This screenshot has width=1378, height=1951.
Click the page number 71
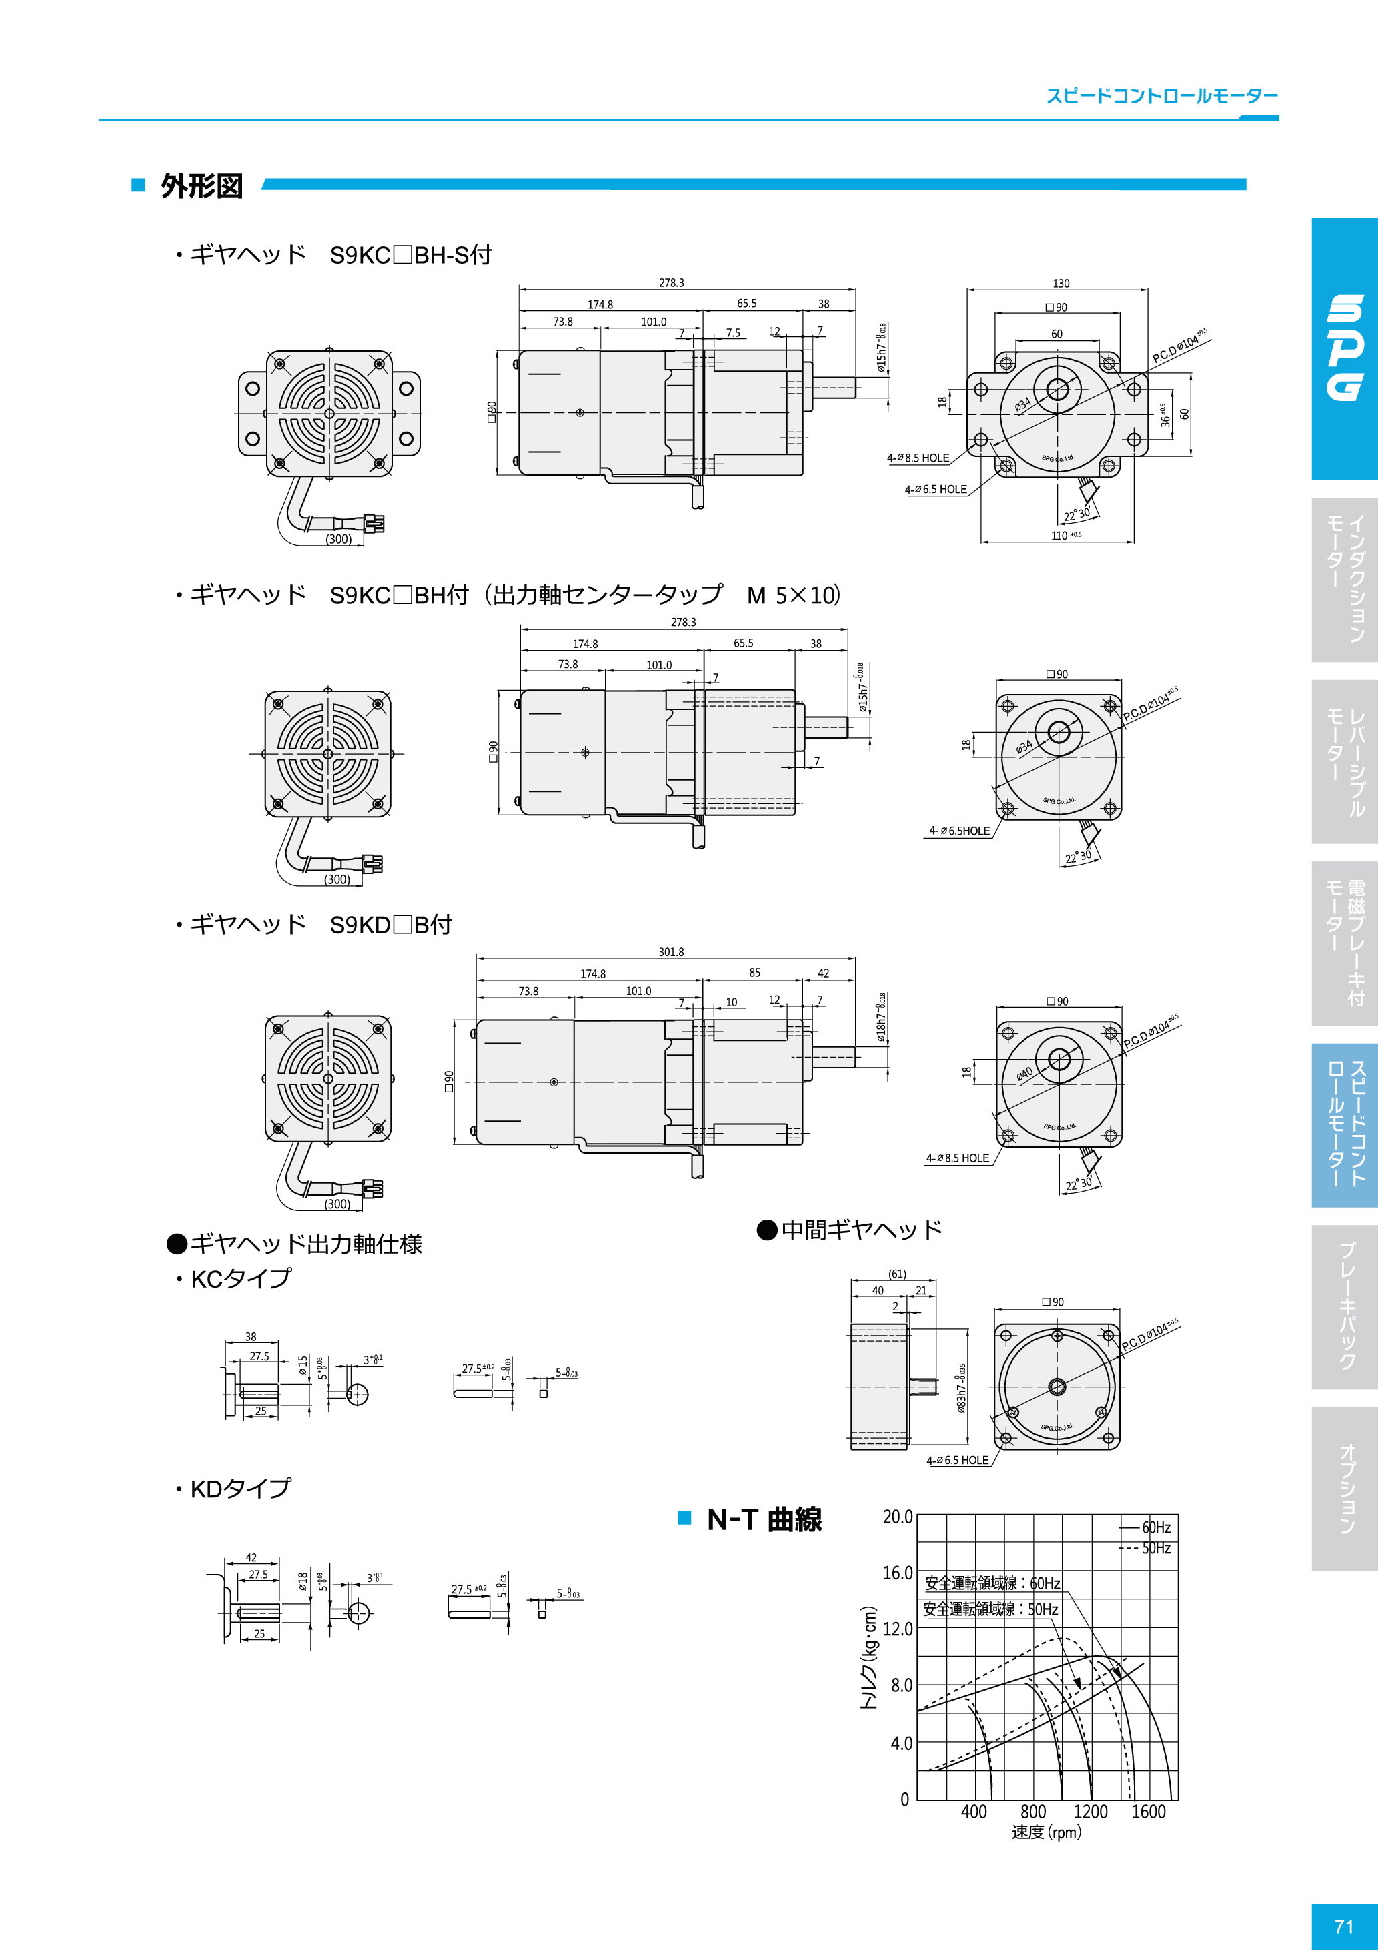[1343, 1926]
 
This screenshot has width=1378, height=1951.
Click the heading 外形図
[202, 186]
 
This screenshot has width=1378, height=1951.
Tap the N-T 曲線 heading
[764, 1519]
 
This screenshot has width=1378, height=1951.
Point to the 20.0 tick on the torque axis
[897, 1517]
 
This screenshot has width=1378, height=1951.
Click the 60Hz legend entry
[1155, 1527]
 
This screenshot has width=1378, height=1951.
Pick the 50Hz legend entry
[1155, 1548]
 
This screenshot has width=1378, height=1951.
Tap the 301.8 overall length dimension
[671, 951]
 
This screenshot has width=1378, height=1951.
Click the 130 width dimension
[1061, 283]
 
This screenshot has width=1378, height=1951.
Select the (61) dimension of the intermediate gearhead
[897, 1274]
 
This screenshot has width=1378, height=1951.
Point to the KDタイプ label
[240, 1489]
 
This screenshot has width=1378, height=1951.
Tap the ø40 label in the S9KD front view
[1025, 1073]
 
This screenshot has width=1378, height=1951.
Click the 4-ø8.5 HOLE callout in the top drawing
[918, 458]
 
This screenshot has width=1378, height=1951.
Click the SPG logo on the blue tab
[1345, 348]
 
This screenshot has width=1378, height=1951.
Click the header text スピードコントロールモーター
[1161, 96]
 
